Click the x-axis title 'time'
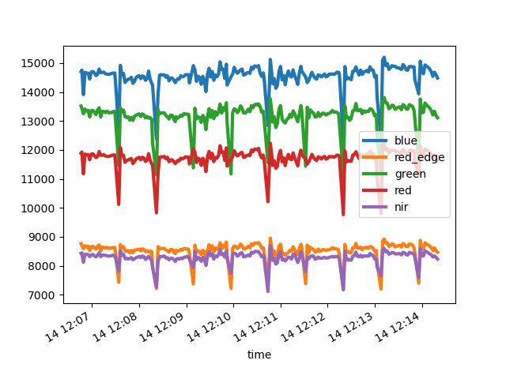click(259, 355)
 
